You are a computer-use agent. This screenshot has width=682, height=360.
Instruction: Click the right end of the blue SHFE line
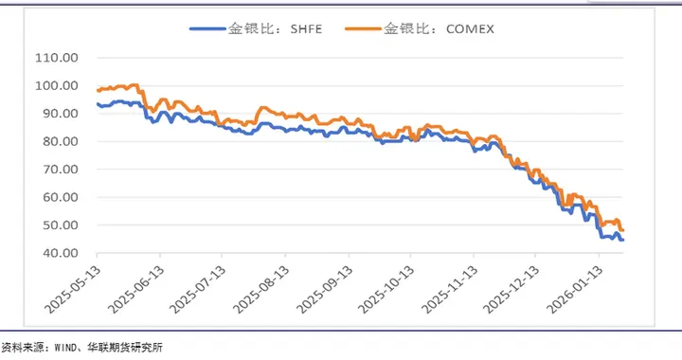(x=622, y=240)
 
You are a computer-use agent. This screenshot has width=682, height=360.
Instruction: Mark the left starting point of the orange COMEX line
(x=98, y=91)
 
